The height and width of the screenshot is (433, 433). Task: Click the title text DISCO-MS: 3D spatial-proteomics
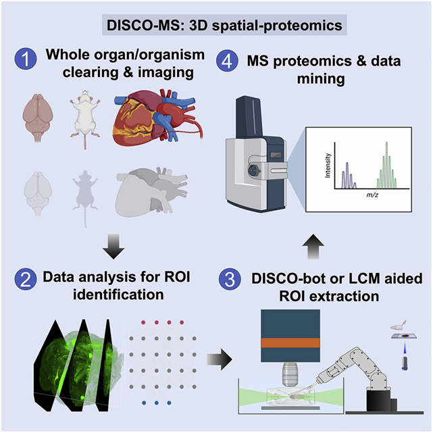click(216, 26)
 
